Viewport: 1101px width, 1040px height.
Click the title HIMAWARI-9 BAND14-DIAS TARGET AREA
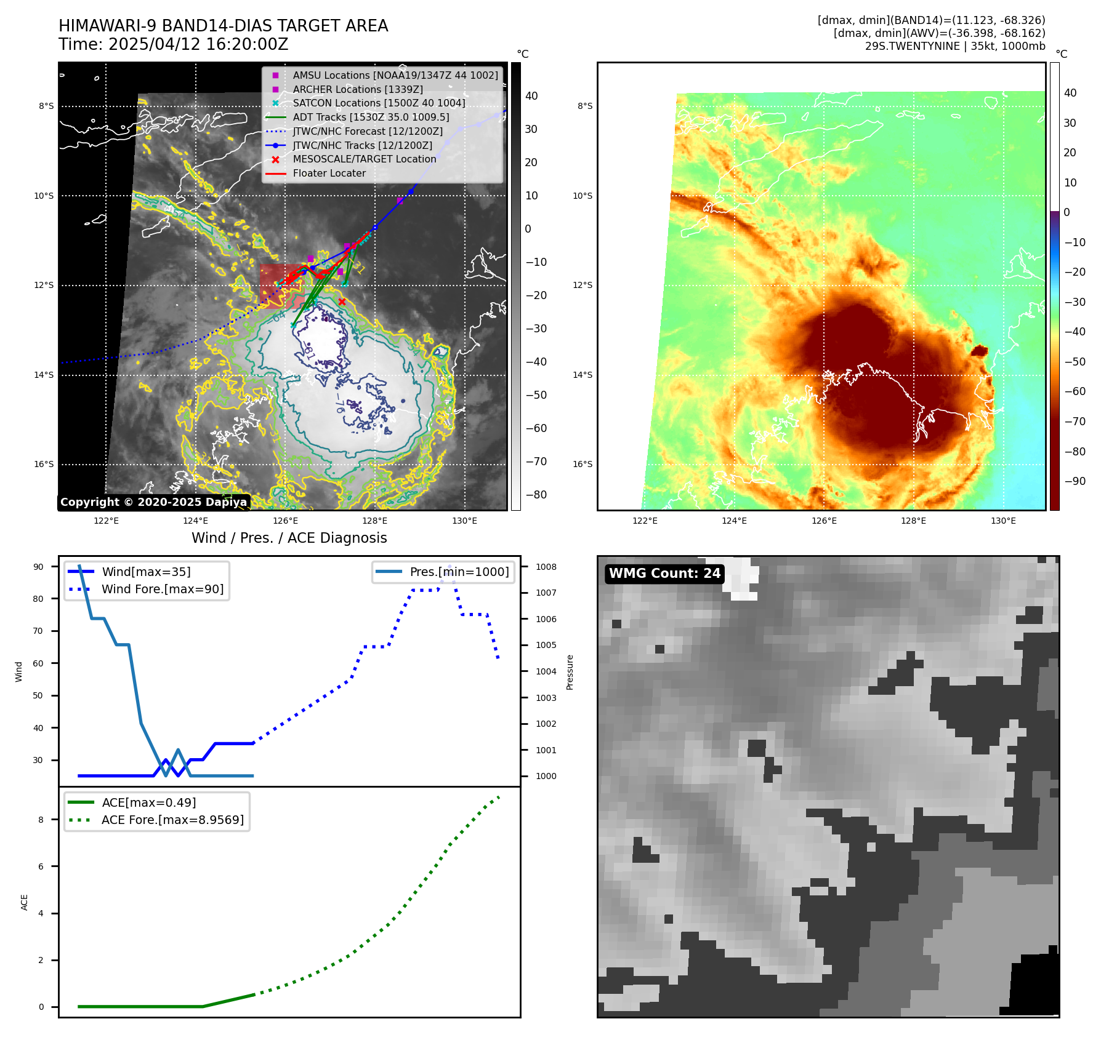tap(223, 26)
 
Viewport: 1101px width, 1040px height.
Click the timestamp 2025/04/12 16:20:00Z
tap(198, 44)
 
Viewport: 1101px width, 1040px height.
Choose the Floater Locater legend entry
tap(329, 173)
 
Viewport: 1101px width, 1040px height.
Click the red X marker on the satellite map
tap(342, 302)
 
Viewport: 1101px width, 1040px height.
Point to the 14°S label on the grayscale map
tap(44, 375)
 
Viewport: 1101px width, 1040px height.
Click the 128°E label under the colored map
tap(913, 521)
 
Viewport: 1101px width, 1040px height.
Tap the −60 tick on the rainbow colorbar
tap(1076, 391)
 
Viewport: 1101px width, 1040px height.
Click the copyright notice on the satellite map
tap(153, 502)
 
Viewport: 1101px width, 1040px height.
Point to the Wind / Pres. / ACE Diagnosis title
tap(289, 538)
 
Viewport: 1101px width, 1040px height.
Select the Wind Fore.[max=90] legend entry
tap(162, 589)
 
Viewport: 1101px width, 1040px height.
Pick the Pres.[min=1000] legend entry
tap(459, 572)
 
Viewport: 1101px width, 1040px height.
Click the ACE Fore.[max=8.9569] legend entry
tap(172, 820)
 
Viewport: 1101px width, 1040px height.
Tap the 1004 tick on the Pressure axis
tap(546, 671)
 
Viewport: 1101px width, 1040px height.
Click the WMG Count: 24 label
tap(664, 574)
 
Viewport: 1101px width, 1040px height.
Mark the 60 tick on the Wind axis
tap(38, 663)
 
